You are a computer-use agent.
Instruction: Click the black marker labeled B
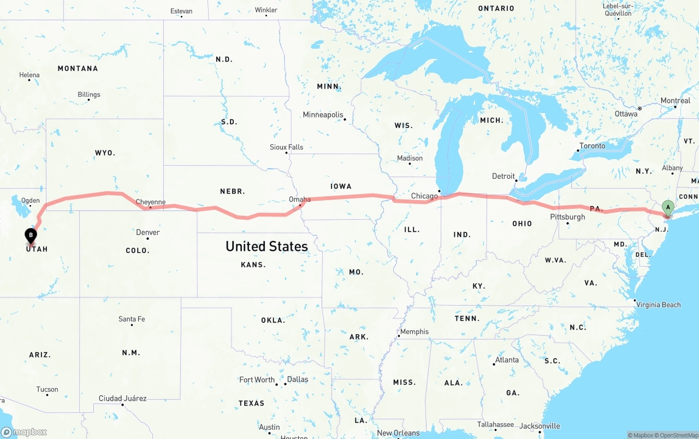click(31, 236)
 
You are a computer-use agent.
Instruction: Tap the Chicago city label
click(424, 196)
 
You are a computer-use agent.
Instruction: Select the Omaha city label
click(299, 200)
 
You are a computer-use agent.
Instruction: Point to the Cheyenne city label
click(150, 202)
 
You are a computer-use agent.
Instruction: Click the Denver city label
click(148, 232)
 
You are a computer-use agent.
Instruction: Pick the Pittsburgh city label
click(567, 217)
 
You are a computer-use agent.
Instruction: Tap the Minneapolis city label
click(323, 115)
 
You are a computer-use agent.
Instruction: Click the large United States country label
click(266, 246)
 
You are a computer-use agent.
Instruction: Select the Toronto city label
click(592, 146)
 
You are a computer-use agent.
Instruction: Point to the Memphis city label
click(414, 332)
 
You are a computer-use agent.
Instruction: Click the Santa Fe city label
click(132, 319)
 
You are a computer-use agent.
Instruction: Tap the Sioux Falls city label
click(286, 147)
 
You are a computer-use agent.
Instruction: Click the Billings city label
click(88, 95)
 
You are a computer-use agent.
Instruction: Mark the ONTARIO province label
click(496, 8)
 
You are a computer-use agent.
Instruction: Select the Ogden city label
click(30, 201)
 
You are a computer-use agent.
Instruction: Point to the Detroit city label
click(503, 176)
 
